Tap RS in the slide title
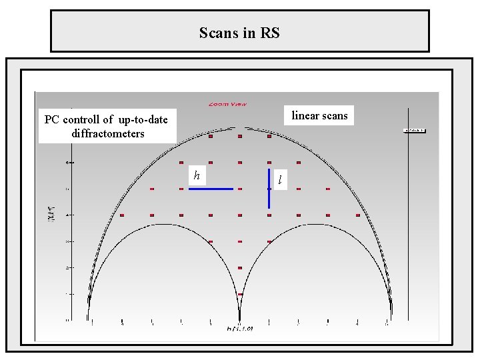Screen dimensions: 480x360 pyautogui.click(x=268, y=33)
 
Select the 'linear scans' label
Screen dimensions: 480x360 pyautogui.click(x=319, y=116)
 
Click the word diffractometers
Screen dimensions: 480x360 pyautogui.click(x=107, y=133)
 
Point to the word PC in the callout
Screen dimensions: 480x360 pyautogui.click(x=52, y=120)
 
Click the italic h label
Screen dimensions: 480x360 pyautogui.click(x=197, y=175)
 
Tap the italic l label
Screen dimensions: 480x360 pyautogui.click(x=281, y=179)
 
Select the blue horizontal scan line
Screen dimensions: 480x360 pyautogui.click(x=211, y=189)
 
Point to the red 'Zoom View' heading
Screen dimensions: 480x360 pyautogui.click(x=227, y=104)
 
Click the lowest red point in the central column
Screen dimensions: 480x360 pyautogui.click(x=240, y=294)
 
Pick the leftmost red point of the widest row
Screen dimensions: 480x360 pyautogui.click(x=122, y=215)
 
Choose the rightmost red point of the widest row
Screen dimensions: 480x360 pyautogui.click(x=358, y=215)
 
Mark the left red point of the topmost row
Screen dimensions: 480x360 pyautogui.click(x=211, y=137)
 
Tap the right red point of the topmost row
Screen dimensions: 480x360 pyautogui.click(x=269, y=137)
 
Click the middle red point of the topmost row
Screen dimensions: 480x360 pyautogui.click(x=240, y=137)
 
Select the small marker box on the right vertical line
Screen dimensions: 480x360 pyautogui.click(x=414, y=131)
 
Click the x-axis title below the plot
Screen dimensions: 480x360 pyautogui.click(x=240, y=328)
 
